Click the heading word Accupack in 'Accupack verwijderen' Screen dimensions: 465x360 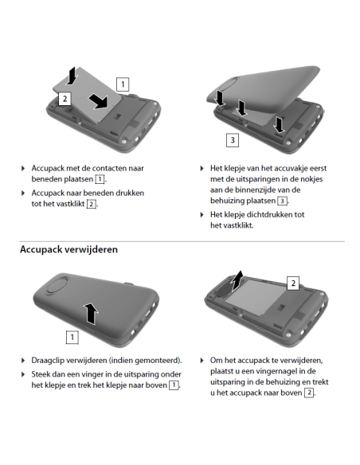tap(45, 249)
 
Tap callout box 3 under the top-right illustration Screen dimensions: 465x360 tap(232, 140)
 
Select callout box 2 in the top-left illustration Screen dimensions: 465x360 tap(65, 99)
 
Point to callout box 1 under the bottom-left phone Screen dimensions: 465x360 tap(72, 337)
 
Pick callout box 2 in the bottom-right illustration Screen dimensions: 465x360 tap(292, 283)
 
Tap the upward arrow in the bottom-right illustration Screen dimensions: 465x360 tap(237, 281)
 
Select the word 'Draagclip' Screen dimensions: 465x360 tap(50, 360)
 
